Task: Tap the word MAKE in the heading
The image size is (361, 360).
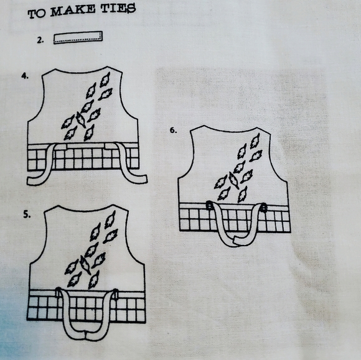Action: click(x=73, y=12)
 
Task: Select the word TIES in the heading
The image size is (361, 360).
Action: click(x=116, y=10)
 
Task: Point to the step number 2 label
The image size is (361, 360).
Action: click(x=40, y=40)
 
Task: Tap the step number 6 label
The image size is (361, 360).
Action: click(x=174, y=131)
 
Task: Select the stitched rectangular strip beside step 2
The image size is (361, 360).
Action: click(x=78, y=37)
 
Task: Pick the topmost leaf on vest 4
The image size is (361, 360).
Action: click(x=105, y=80)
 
